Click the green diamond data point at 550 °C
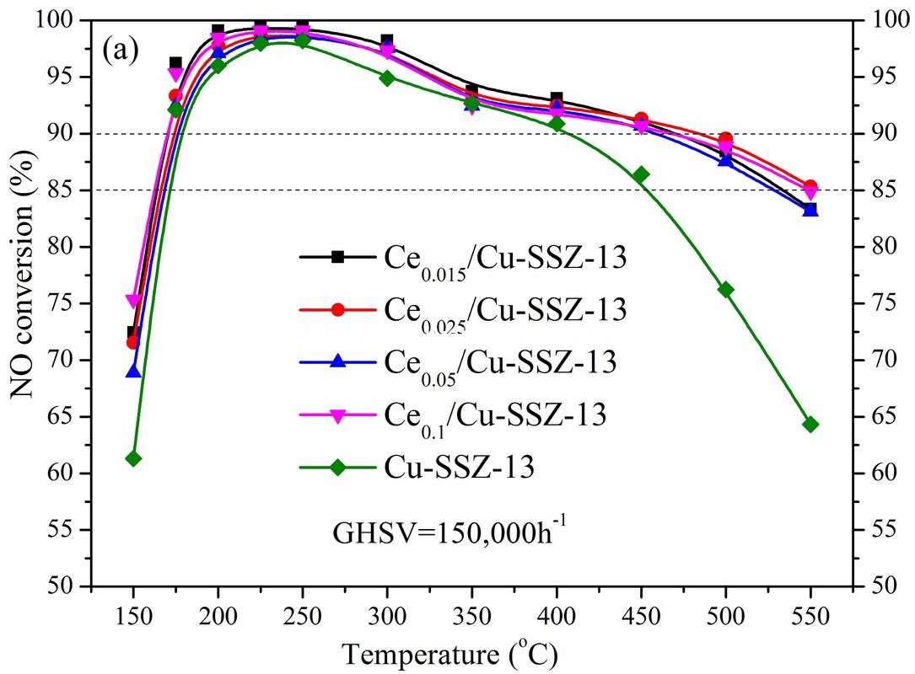[810, 425]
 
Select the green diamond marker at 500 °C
[725, 290]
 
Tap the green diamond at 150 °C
[133, 458]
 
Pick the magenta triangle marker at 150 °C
[133, 301]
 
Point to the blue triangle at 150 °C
[133, 371]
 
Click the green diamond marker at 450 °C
[641, 175]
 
